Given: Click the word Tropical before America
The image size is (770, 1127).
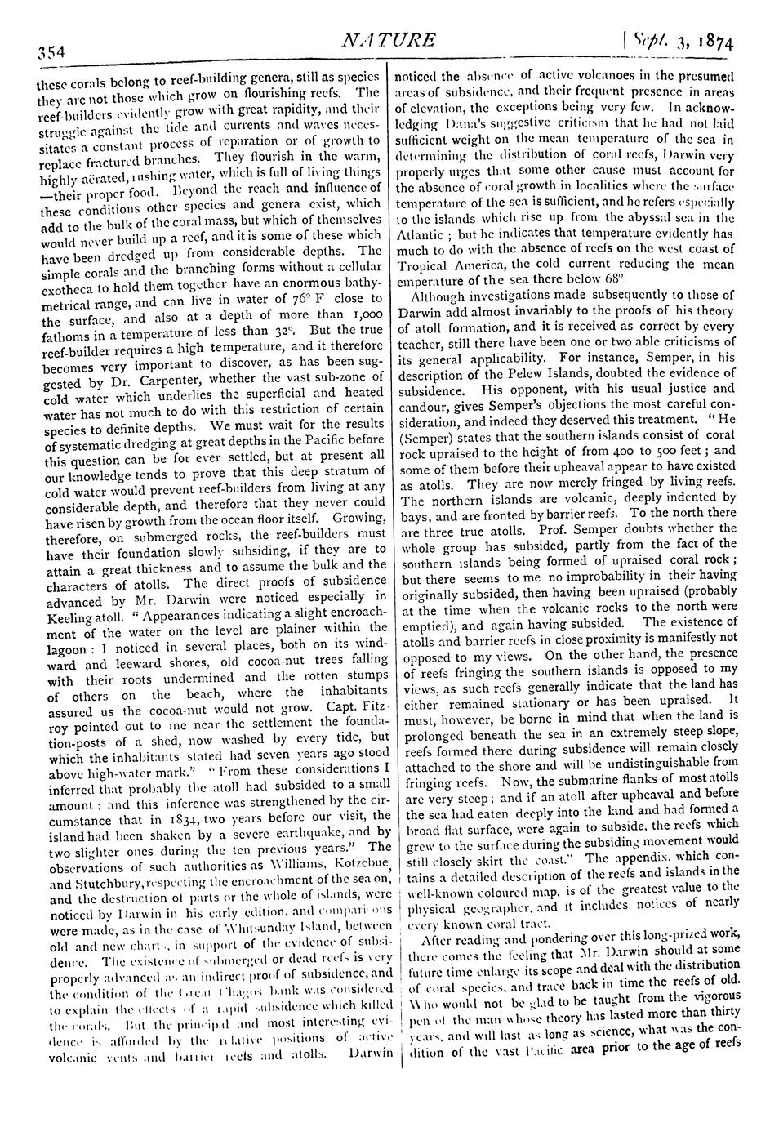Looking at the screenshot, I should coord(426,267).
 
